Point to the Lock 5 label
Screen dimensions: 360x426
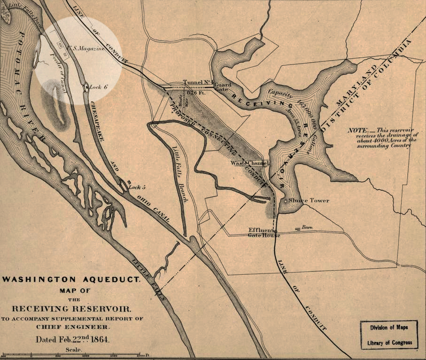pyautogui.click(x=138, y=187)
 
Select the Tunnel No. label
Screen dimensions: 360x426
pyautogui.click(x=196, y=82)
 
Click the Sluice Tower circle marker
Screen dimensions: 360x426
pyautogui.click(x=287, y=201)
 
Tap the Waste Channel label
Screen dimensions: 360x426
pyautogui.click(x=249, y=163)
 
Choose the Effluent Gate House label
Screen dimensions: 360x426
pyautogui.click(x=264, y=232)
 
